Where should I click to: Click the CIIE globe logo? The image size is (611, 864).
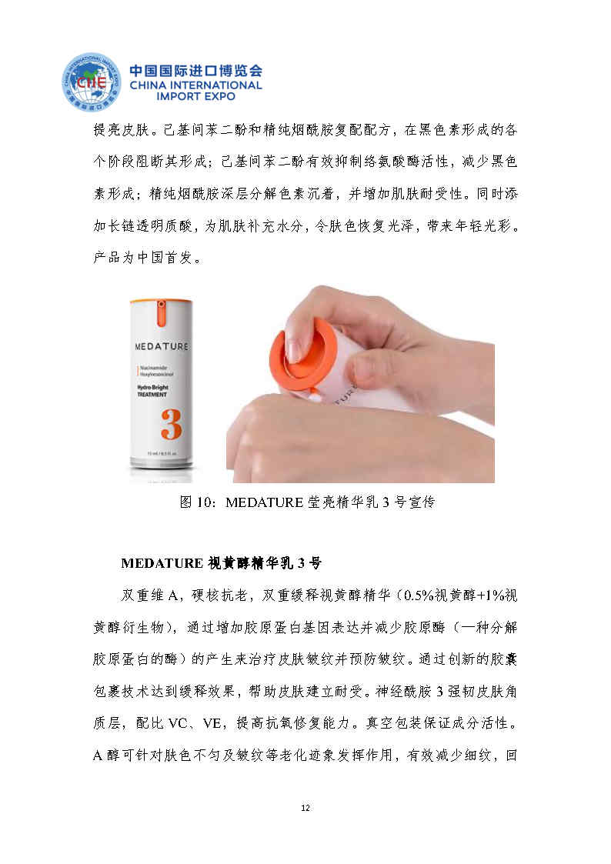(x=92, y=82)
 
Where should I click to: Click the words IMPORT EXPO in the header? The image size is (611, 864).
(x=195, y=96)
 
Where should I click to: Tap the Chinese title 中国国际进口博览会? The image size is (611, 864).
(x=195, y=71)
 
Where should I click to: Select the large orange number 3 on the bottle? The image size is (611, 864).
(x=172, y=424)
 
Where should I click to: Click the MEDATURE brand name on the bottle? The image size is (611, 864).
(x=162, y=346)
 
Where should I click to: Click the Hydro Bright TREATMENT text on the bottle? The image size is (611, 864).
(x=152, y=391)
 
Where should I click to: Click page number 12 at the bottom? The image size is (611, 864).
(x=305, y=808)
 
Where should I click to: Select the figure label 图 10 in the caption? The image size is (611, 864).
(x=195, y=502)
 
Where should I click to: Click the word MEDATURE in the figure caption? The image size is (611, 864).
(x=265, y=502)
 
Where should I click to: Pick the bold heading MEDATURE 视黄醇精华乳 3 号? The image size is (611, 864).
(x=221, y=563)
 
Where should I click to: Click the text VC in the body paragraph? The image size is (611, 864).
(x=178, y=723)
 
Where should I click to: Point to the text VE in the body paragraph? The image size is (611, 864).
(x=212, y=723)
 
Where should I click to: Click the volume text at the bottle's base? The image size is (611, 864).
(x=161, y=453)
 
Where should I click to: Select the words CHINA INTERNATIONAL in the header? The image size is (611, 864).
(x=195, y=85)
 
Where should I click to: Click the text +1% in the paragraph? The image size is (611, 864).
(x=489, y=595)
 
